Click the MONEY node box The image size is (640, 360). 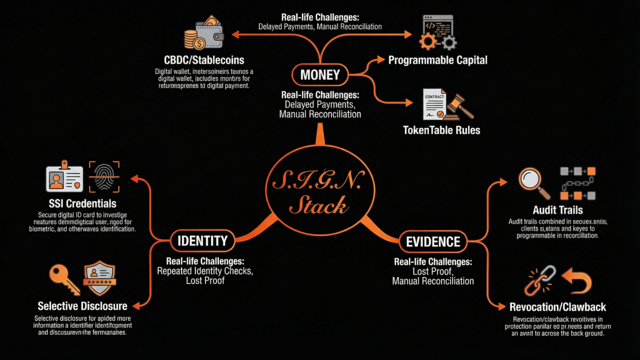click(x=320, y=75)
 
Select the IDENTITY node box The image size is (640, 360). click(x=202, y=241)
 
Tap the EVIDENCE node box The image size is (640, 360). click(x=433, y=242)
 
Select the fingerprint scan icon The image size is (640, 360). click(x=104, y=176)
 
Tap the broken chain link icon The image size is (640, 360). click(x=539, y=280)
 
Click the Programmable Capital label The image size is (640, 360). click(x=438, y=60)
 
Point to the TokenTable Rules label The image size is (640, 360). click(x=441, y=130)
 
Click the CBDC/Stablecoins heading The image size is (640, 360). click(x=204, y=60)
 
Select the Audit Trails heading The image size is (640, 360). click(x=557, y=210)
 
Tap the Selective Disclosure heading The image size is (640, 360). click(x=82, y=306)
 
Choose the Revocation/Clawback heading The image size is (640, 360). click(x=557, y=307)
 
